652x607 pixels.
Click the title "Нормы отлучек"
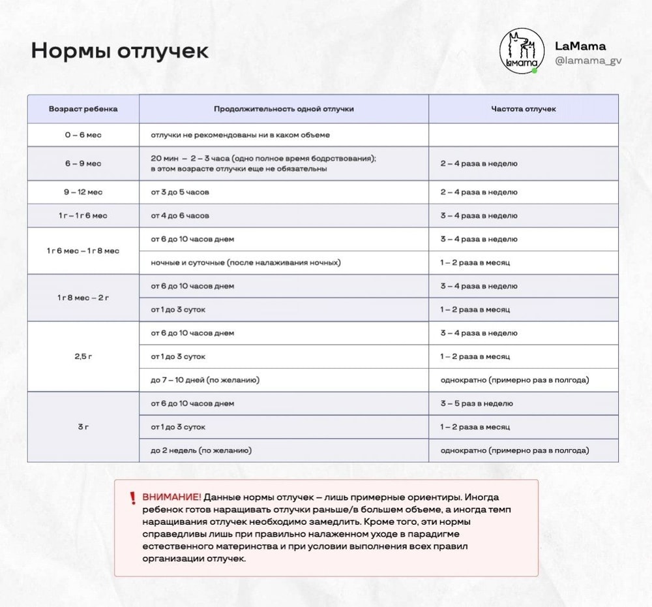point(120,51)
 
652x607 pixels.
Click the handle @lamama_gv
point(588,61)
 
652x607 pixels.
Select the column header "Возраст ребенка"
point(83,109)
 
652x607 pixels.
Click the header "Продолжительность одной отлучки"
point(284,109)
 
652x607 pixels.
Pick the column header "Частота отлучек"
point(523,109)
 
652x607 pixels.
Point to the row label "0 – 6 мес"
point(83,135)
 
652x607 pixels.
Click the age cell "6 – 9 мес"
point(83,163)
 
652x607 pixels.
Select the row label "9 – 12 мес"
point(83,193)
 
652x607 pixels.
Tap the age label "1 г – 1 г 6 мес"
point(83,215)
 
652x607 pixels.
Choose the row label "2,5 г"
point(83,356)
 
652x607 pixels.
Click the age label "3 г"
point(83,427)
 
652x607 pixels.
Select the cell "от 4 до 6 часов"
point(180,215)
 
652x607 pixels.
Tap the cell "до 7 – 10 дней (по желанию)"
point(209,380)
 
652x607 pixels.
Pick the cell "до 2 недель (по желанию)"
point(201,450)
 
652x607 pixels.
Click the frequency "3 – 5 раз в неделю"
point(477,403)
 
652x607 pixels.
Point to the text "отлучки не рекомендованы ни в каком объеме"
point(241,135)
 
